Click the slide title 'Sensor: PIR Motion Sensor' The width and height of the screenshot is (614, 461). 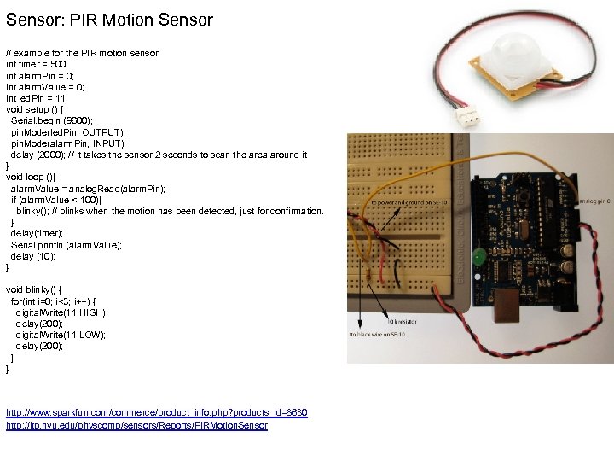(109, 19)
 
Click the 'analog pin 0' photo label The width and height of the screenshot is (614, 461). (594, 202)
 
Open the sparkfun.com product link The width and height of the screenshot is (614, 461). (156, 412)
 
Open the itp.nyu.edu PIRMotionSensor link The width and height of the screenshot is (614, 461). (136, 425)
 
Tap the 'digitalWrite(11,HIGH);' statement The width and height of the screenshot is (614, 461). (61, 312)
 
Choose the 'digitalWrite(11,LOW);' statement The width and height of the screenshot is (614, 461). (61, 335)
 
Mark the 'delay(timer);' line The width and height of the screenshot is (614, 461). (37, 233)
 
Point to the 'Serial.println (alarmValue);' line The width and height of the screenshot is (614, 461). (66, 245)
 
